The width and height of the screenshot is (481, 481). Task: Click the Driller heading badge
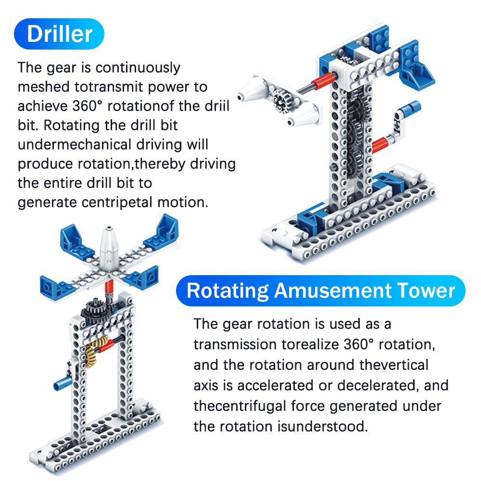point(59,34)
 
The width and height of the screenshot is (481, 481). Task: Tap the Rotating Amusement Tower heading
point(320,291)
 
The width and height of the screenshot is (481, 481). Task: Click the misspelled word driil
point(217,106)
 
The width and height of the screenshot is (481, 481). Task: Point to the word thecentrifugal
point(240,406)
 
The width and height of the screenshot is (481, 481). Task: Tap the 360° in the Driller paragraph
point(87,106)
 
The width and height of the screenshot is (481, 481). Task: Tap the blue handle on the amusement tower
point(63,384)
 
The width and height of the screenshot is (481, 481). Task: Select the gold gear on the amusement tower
point(94,351)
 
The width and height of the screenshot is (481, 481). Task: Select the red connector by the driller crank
point(380,144)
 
